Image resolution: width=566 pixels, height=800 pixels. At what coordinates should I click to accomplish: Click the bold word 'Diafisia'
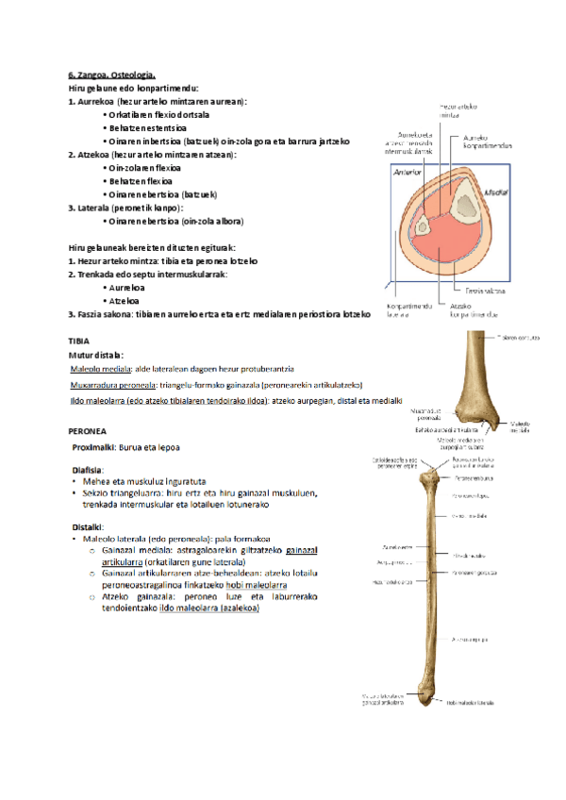click(88, 469)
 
